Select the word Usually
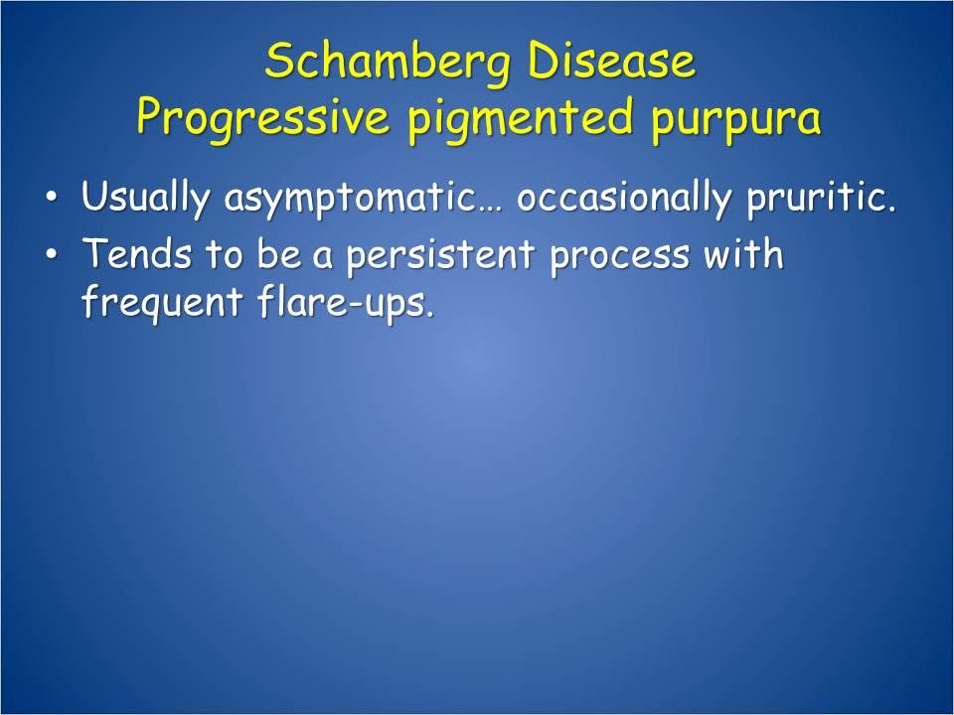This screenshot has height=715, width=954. [x=147, y=198]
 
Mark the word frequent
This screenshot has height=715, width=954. [x=155, y=303]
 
